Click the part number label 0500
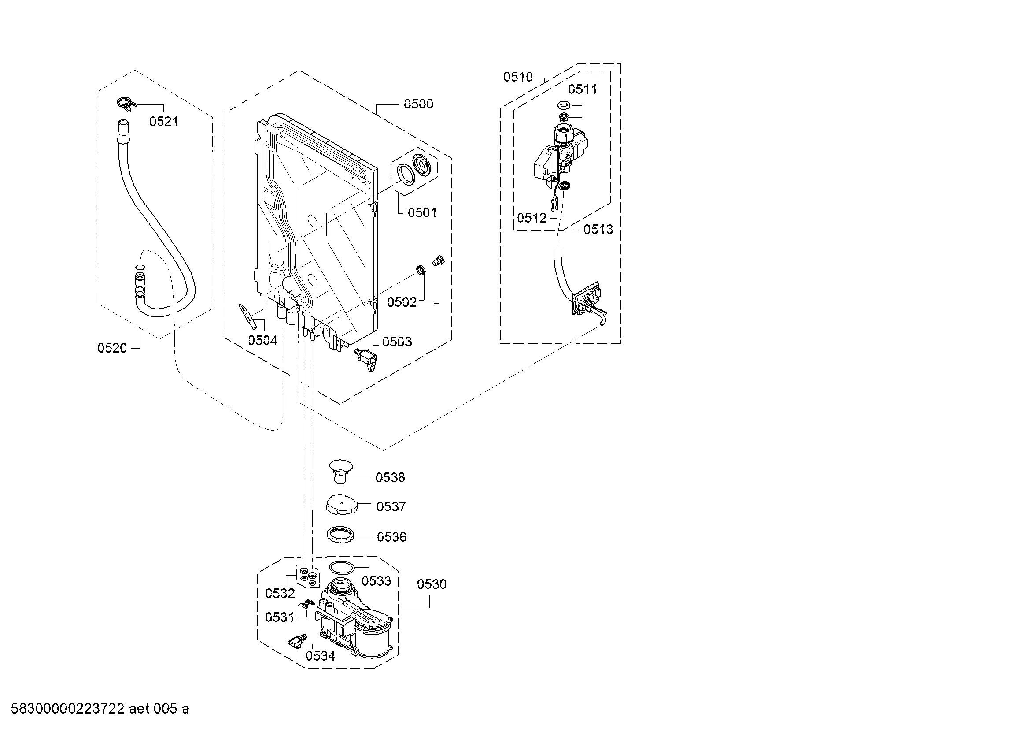pos(418,104)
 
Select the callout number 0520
pos(112,348)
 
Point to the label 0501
pos(422,212)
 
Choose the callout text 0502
pos(402,302)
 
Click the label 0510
pos(518,77)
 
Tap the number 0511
pos(583,89)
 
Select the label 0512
pos(532,218)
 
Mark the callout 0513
pos(598,229)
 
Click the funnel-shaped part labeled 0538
pos(340,471)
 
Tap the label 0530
pos(432,584)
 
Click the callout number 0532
pos(280,593)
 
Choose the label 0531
pos(280,617)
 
